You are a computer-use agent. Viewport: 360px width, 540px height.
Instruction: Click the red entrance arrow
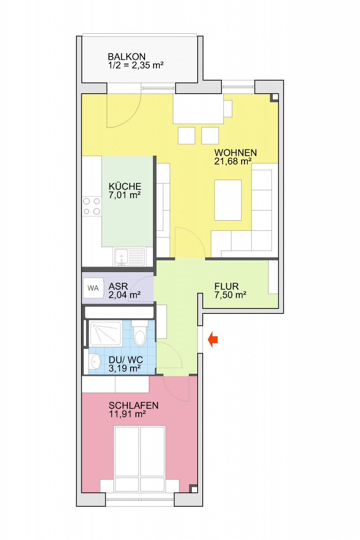pyautogui.click(x=213, y=340)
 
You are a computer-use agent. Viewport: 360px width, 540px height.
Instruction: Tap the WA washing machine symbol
pyautogui.click(x=93, y=288)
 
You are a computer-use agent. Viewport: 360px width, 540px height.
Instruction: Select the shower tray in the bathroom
pyautogui.click(x=105, y=333)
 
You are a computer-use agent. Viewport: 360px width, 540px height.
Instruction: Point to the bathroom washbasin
pyautogui.click(x=96, y=362)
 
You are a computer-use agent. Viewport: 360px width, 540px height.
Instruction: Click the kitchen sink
pyautogui.click(x=129, y=257)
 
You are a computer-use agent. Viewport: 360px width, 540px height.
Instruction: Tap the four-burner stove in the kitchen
pyautogui.click(x=91, y=206)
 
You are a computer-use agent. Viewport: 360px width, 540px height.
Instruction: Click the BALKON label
pyautogui.click(x=126, y=57)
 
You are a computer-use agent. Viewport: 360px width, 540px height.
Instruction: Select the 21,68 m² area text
pyautogui.click(x=233, y=161)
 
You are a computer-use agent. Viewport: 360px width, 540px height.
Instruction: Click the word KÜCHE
pyautogui.click(x=125, y=186)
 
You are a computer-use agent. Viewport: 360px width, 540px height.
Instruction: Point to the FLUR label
pyautogui.click(x=226, y=286)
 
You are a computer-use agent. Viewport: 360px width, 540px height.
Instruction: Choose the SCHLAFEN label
pyautogui.click(x=134, y=405)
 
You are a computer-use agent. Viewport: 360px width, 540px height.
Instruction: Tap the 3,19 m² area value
pyautogui.click(x=125, y=368)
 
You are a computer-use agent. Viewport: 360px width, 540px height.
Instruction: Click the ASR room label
pyautogui.click(x=118, y=286)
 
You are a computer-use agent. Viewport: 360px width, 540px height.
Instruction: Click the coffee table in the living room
pyautogui.click(x=228, y=200)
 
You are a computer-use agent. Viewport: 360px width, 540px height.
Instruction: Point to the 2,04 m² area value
pyautogui.click(x=125, y=294)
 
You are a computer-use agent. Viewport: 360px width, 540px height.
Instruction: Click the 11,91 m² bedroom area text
pyautogui.click(x=127, y=414)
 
